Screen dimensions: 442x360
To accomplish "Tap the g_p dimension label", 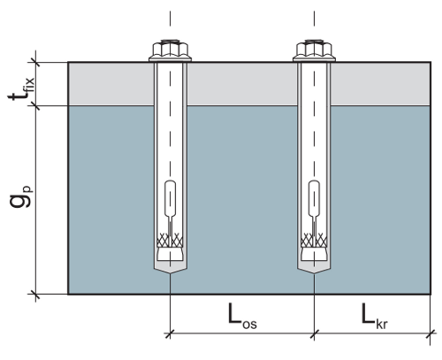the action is (21, 196).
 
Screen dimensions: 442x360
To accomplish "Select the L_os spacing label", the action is (242, 317).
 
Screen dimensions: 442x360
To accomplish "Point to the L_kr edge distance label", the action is (375, 317).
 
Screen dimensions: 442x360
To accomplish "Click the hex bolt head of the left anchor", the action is (170, 50).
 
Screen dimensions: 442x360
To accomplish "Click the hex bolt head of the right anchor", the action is (314, 50).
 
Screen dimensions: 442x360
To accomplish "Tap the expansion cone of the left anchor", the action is (170, 254).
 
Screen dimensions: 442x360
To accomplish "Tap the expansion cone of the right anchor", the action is (314, 254).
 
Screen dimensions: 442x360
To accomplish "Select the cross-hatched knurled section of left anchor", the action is (170, 240).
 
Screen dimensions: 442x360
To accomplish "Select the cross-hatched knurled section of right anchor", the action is (314, 240).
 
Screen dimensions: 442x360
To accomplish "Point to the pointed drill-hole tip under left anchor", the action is (170, 274).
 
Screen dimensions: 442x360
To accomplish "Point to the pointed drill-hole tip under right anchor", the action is (314, 274).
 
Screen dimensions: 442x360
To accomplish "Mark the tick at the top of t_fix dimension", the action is (35, 62).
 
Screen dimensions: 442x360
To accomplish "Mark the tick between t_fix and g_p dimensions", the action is (35, 105).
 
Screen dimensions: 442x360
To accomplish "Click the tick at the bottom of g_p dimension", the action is (35, 294).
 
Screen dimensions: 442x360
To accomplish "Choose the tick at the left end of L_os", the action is (170, 333).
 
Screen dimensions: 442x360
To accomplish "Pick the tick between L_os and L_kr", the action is (314, 333).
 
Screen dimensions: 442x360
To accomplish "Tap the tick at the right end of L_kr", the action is (431, 333).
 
